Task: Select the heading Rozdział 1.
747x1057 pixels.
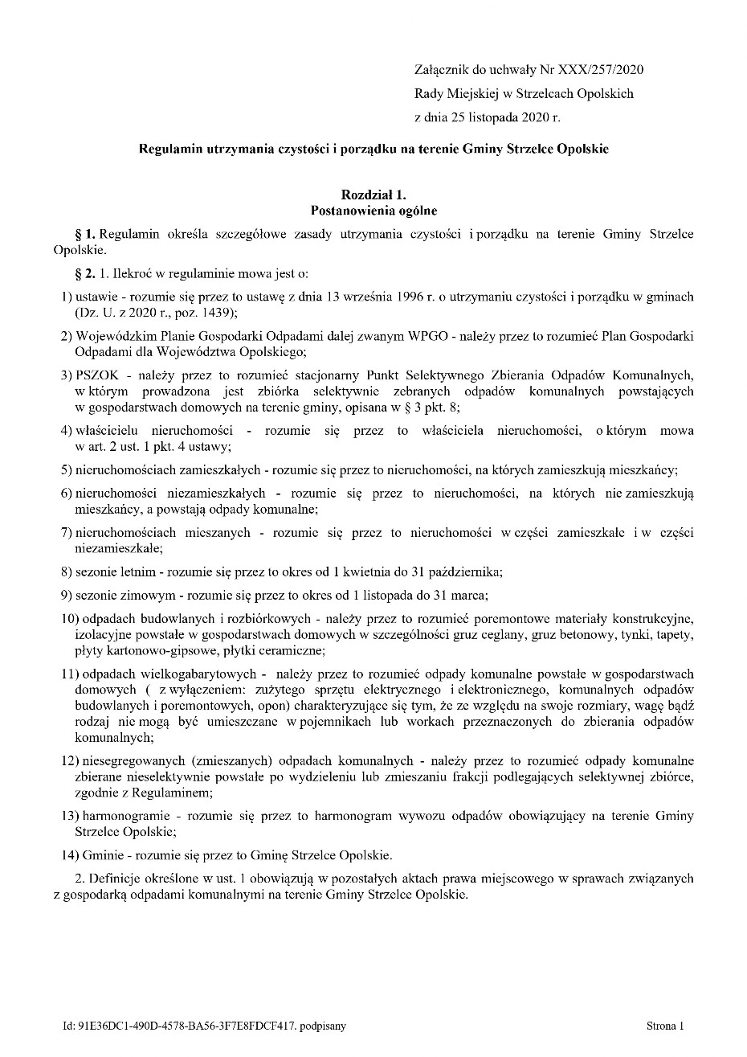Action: point(373,195)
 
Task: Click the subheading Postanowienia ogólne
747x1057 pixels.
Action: point(373,211)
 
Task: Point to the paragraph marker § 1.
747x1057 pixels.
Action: point(85,234)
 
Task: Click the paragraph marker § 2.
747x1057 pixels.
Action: point(85,274)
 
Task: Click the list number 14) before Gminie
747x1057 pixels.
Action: point(68,854)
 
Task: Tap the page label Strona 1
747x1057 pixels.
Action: point(665,1026)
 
